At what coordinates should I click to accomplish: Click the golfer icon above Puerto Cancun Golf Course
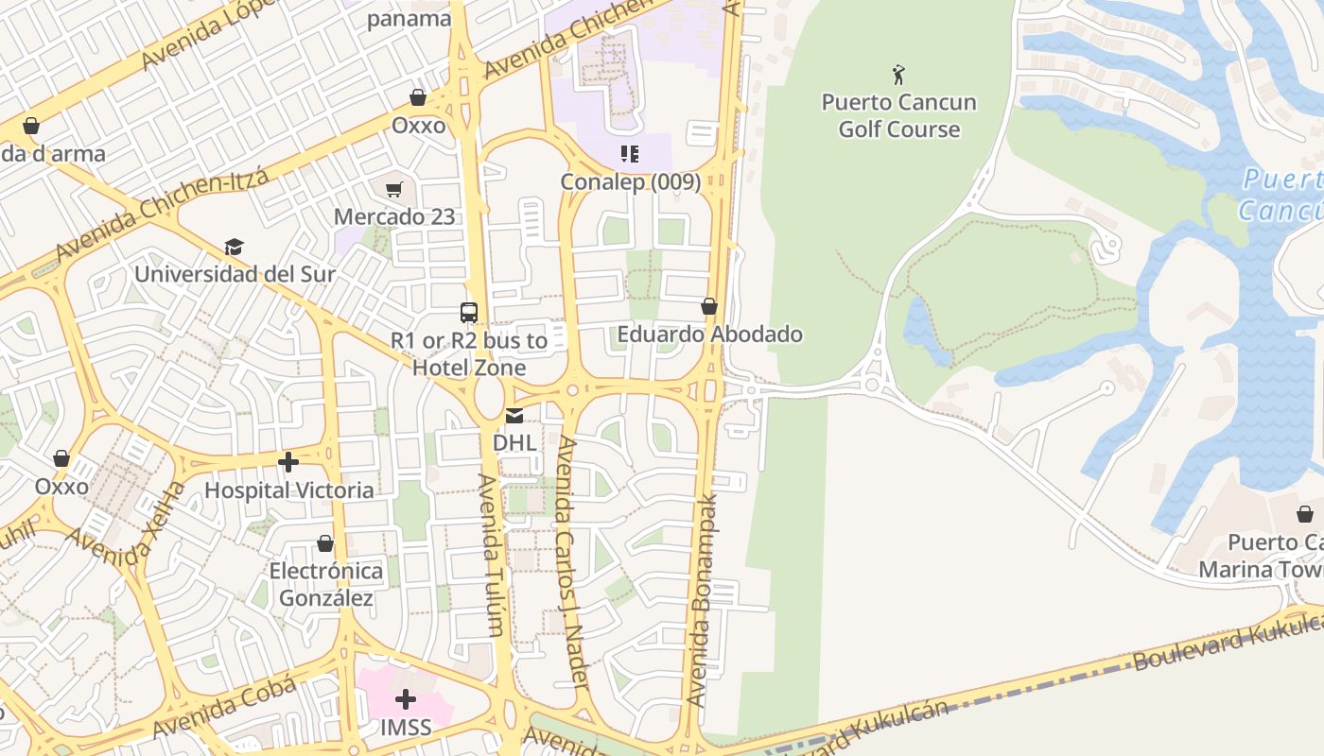[x=898, y=74]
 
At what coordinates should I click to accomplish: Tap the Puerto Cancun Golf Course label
[x=898, y=115]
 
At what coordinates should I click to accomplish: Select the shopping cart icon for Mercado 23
[x=394, y=189]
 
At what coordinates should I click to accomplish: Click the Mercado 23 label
[x=394, y=216]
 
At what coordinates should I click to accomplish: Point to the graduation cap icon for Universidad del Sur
[x=234, y=247]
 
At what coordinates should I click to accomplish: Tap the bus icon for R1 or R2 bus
[x=469, y=313]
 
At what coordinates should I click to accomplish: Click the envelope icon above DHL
[x=514, y=416]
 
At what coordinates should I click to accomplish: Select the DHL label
[x=514, y=442]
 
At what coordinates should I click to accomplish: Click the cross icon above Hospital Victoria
[x=288, y=462]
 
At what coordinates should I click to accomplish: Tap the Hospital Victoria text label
[x=288, y=490]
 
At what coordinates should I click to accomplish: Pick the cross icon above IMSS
[x=406, y=699]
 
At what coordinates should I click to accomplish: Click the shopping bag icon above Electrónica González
[x=325, y=543]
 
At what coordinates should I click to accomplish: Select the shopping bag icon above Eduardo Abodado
[x=709, y=306]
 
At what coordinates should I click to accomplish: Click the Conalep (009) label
[x=630, y=181]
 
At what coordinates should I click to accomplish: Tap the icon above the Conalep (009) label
[x=630, y=153]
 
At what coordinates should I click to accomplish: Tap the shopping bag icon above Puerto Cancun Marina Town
[x=1305, y=514]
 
